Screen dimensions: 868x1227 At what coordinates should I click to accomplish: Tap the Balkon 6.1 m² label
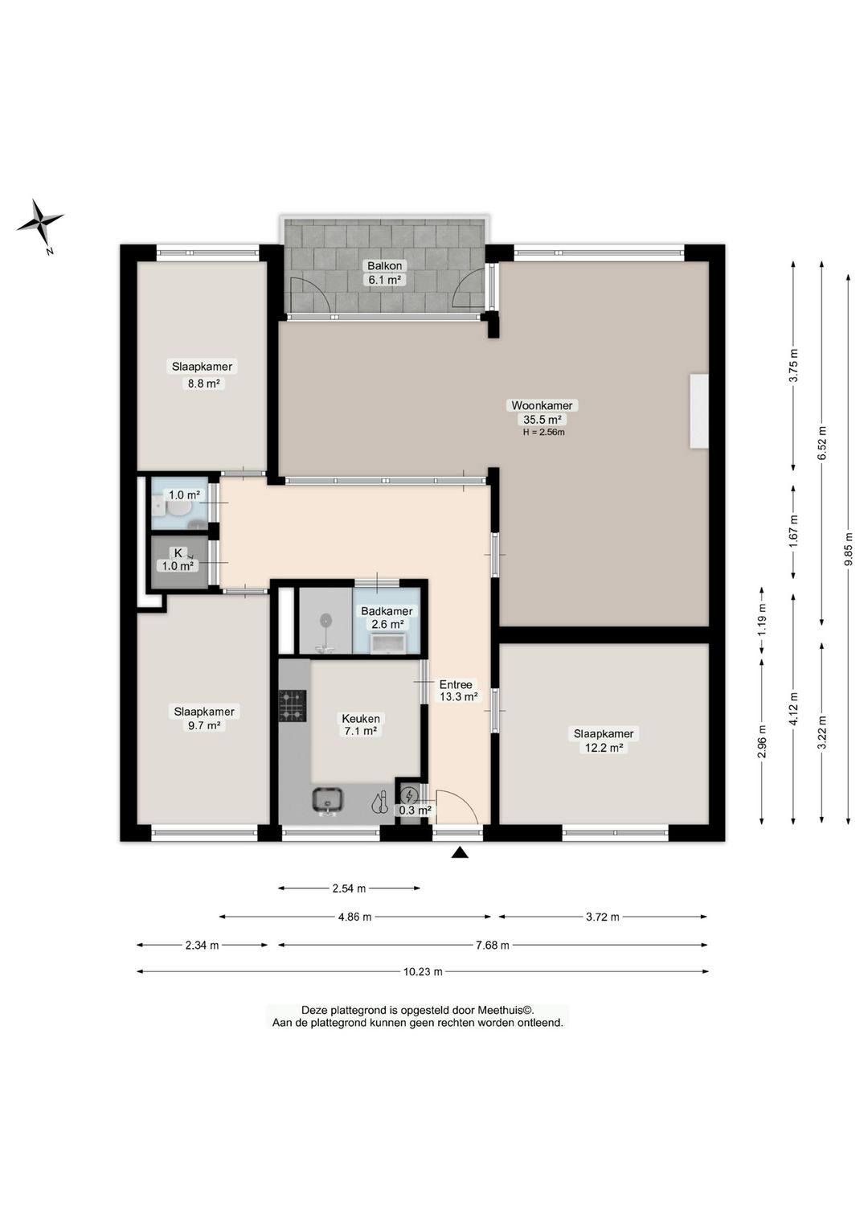(384, 273)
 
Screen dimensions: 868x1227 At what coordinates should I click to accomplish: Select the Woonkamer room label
(542, 406)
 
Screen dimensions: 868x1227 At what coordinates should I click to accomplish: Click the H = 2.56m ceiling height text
(543, 433)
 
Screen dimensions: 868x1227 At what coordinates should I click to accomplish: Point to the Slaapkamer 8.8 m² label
(203, 375)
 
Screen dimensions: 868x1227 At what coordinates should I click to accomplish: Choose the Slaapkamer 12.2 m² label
(604, 741)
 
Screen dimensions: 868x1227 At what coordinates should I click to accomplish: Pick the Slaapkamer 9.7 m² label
(204, 719)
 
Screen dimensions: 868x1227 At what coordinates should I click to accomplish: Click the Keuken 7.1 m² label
(360, 724)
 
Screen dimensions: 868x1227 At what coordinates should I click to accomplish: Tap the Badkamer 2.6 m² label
(386, 618)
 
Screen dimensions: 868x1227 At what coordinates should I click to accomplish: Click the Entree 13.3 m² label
(458, 691)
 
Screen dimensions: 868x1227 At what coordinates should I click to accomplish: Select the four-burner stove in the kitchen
(293, 706)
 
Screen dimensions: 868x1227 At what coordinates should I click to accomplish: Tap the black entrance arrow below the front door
(460, 852)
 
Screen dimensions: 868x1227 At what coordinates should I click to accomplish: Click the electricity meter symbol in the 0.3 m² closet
(408, 795)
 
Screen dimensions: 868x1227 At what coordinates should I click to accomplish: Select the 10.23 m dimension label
(422, 972)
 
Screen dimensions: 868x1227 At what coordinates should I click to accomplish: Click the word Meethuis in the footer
(503, 1010)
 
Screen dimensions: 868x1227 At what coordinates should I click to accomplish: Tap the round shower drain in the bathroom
(326, 620)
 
